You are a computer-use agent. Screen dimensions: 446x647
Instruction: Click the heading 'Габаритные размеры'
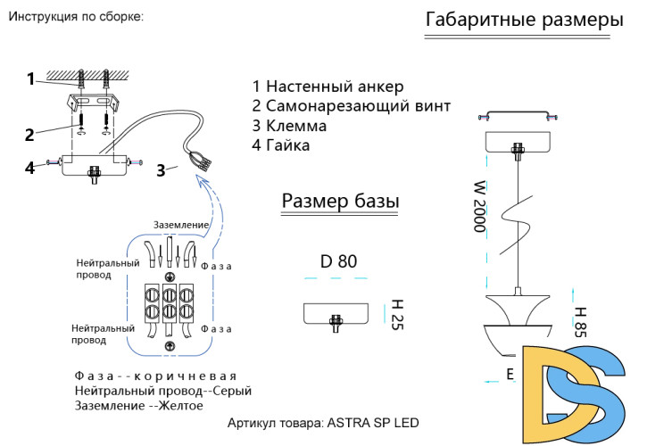click(x=525, y=21)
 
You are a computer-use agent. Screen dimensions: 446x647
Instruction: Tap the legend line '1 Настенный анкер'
click(x=328, y=87)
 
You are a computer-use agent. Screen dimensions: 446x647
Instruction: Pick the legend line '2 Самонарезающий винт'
click(x=352, y=106)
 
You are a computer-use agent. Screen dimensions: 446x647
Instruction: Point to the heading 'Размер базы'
click(x=340, y=202)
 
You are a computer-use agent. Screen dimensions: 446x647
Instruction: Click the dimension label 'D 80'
click(x=337, y=261)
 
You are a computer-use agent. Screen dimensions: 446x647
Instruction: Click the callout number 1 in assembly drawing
click(x=30, y=78)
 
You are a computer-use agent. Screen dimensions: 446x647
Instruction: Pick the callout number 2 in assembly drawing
click(x=29, y=135)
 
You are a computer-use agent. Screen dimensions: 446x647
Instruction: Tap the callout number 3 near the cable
click(x=161, y=170)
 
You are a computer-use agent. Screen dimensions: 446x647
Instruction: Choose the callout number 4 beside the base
click(x=29, y=167)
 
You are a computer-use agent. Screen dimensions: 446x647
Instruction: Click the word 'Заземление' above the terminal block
click(x=181, y=225)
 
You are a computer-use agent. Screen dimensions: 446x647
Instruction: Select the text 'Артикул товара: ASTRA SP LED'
click(x=323, y=422)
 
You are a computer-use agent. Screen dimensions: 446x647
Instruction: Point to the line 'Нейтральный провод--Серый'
click(x=163, y=391)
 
